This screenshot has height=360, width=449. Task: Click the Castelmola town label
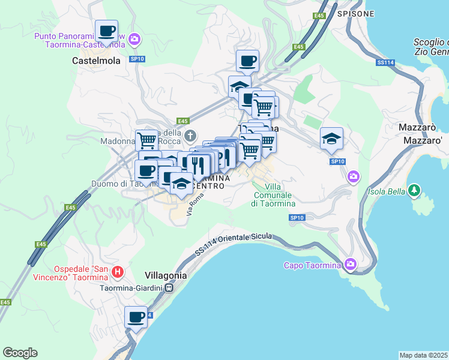click(x=96, y=61)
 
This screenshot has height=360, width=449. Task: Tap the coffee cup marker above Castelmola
click(x=106, y=31)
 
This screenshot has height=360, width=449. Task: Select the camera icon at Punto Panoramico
click(x=134, y=39)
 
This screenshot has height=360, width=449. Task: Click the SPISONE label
click(x=355, y=13)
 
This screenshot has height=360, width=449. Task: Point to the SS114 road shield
click(x=385, y=62)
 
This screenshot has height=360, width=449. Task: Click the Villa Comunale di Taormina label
click(x=273, y=195)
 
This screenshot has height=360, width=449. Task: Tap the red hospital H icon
click(x=118, y=272)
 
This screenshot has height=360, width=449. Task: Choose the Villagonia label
click(x=166, y=275)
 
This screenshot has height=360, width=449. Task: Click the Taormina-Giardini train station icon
click(x=170, y=287)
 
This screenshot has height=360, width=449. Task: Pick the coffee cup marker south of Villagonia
click(x=136, y=317)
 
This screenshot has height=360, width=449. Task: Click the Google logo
click(x=20, y=353)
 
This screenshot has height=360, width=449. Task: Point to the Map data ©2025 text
click(x=423, y=355)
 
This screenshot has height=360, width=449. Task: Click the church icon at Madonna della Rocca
click(x=190, y=135)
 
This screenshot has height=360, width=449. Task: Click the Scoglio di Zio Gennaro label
click(x=431, y=47)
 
